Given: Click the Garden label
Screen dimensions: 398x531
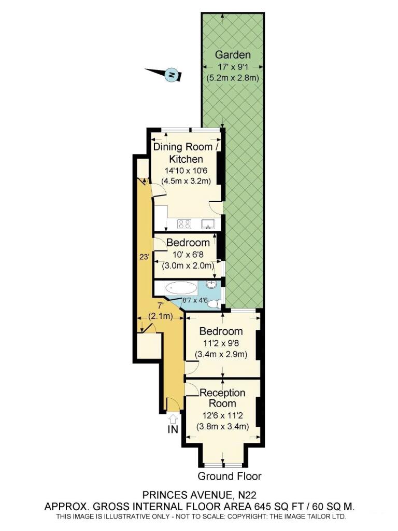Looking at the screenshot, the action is [x=233, y=54].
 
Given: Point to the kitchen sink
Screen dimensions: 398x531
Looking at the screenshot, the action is [x=208, y=223].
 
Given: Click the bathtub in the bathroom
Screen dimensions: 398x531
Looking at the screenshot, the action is [x=181, y=288].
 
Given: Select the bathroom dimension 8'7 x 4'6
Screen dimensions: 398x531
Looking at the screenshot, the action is [x=200, y=300].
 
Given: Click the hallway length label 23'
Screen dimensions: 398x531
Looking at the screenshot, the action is [x=144, y=257].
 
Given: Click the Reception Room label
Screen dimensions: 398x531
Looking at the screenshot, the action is [x=223, y=398].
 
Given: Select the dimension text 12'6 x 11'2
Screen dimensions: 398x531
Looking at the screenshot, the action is [x=223, y=415].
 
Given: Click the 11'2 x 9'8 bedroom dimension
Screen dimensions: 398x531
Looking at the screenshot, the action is [x=221, y=343].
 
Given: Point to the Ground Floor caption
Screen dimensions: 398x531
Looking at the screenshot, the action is [x=230, y=476].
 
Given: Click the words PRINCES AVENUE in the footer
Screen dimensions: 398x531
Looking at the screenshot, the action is [x=187, y=495].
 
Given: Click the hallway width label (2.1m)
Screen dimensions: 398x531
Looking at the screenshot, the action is [x=161, y=317].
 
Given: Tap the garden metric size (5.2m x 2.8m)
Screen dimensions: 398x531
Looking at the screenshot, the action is [x=233, y=78].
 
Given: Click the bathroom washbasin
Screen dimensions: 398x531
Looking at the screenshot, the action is [x=212, y=285].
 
